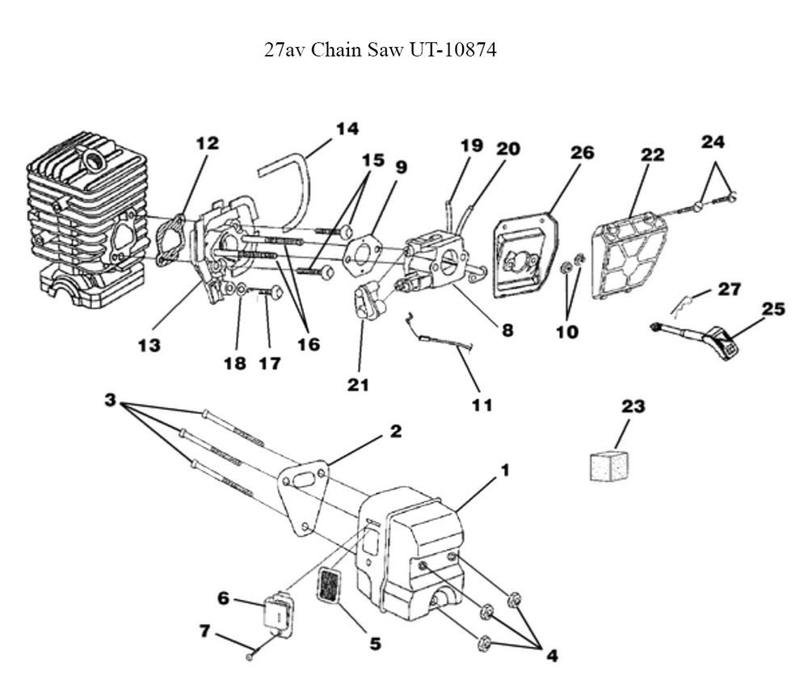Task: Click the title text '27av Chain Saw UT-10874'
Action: (380, 50)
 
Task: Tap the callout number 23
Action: (633, 406)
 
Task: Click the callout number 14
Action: (347, 129)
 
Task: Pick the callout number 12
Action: (207, 143)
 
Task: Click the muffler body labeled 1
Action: (420, 550)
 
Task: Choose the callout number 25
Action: (773, 309)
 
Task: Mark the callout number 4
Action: (551, 656)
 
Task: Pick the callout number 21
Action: (357, 385)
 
